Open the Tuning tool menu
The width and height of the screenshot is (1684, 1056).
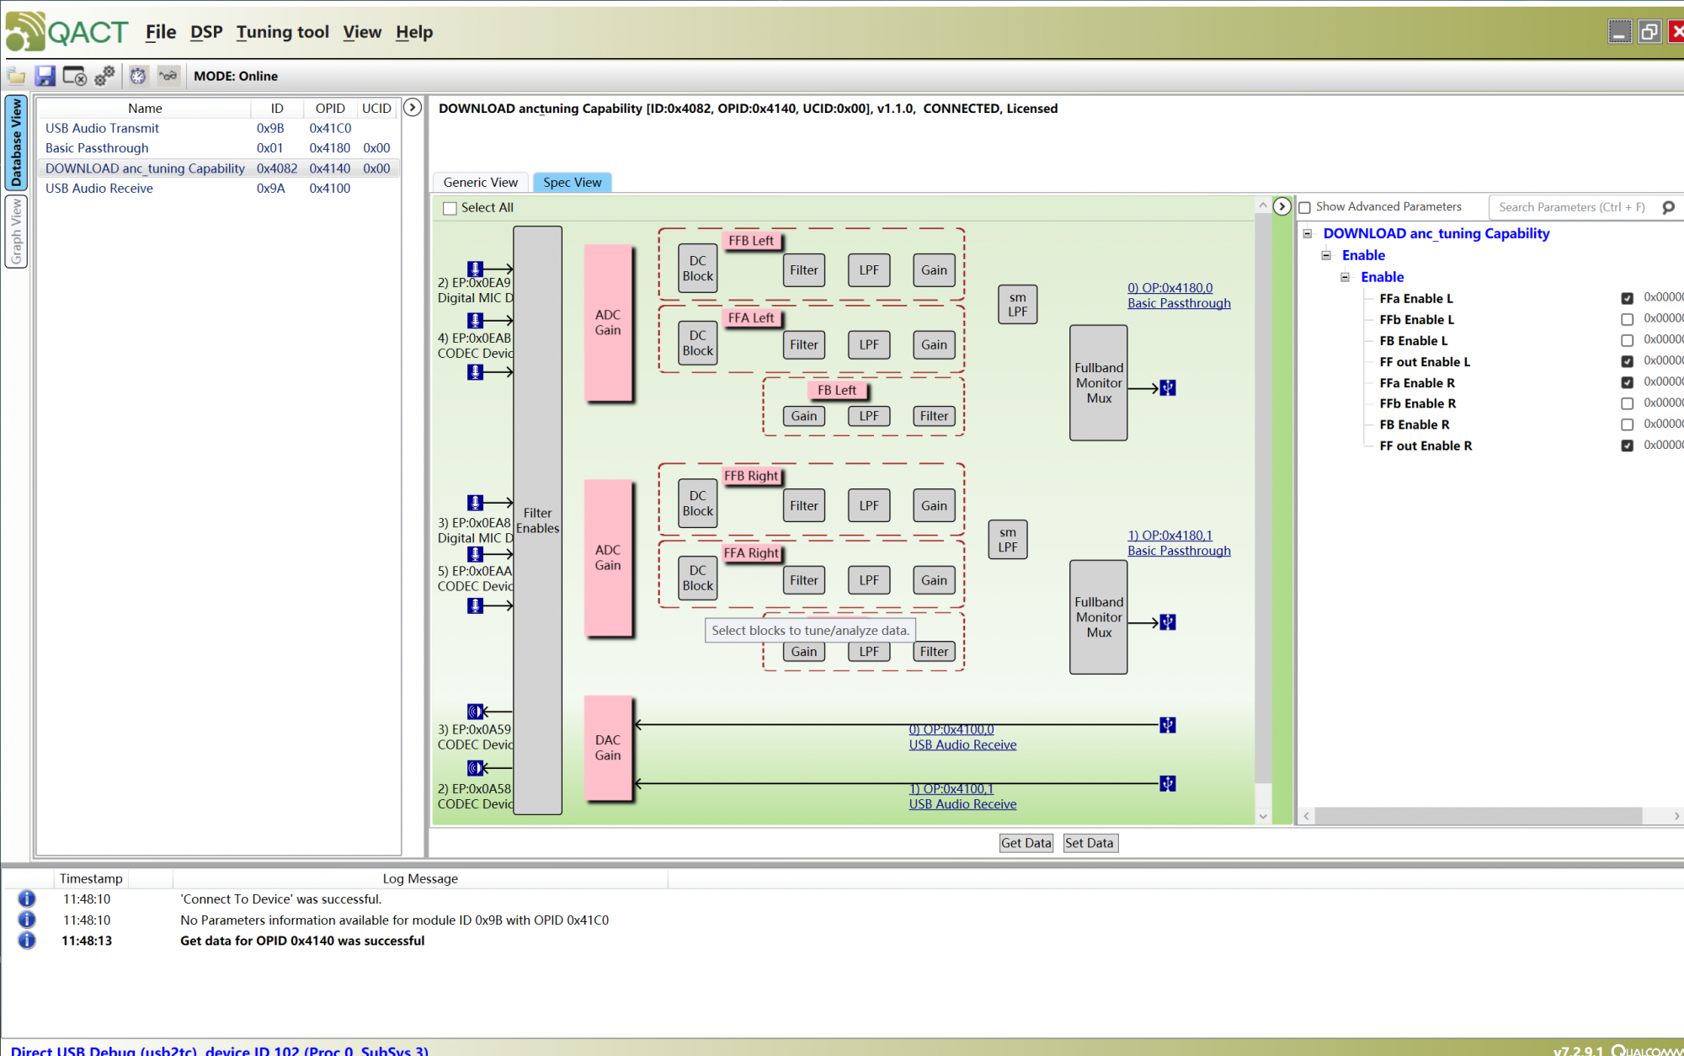coord(282,32)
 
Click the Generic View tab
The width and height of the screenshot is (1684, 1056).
coord(480,182)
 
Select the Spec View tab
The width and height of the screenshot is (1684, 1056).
coord(572,182)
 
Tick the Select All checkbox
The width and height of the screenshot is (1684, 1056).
coord(450,208)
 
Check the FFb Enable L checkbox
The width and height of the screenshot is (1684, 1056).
coord(1627,319)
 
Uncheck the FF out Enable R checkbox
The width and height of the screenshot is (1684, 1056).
coord(1627,445)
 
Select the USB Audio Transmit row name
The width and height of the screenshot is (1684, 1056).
coord(102,128)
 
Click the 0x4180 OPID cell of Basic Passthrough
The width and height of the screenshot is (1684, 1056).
coord(329,148)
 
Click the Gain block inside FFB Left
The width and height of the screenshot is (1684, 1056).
coord(934,270)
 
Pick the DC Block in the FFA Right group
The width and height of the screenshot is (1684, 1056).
coord(697,578)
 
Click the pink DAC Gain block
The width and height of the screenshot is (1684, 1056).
coord(608,747)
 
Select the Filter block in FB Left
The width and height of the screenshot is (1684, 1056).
coord(934,416)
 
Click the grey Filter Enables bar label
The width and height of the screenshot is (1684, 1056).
coord(537,520)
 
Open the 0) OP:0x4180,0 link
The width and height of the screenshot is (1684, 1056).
coord(1170,288)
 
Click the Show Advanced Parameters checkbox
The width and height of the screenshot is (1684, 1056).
coord(1305,207)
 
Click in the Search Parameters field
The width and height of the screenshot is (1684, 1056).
coord(1570,207)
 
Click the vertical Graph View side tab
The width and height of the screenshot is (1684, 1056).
coord(16,231)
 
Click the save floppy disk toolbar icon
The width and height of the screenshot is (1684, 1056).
coord(45,76)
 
